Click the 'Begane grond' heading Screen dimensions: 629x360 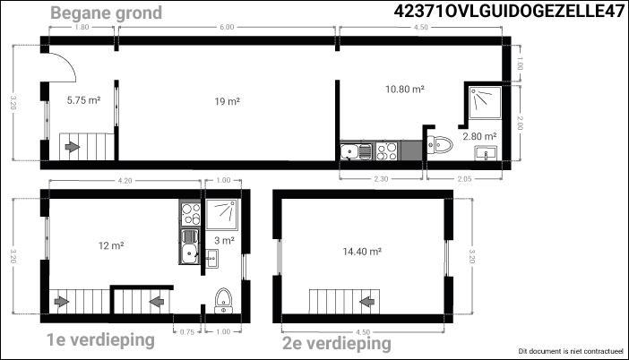point(107,13)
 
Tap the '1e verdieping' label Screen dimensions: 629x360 point(100,340)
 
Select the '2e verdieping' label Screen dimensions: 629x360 point(337,344)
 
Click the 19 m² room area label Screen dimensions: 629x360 point(227,101)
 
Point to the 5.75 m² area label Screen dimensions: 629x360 point(83,100)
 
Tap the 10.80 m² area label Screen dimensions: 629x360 point(405,89)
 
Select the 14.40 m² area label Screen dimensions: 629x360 point(362,252)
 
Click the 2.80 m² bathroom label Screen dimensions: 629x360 point(479,136)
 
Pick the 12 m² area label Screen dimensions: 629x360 point(111,245)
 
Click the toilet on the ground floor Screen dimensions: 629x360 point(440,145)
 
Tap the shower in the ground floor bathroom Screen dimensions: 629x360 point(485,102)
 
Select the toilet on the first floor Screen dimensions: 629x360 point(223,301)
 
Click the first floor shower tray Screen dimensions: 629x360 point(222,214)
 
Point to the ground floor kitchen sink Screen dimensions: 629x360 point(356,151)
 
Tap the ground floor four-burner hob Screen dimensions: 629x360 point(387,151)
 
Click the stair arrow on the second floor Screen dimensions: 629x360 point(367,301)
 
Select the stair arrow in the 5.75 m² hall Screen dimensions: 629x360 point(73,147)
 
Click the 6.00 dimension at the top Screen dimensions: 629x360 point(227,27)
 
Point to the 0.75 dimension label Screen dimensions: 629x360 point(187,332)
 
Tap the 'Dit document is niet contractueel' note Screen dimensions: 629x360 point(572,351)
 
